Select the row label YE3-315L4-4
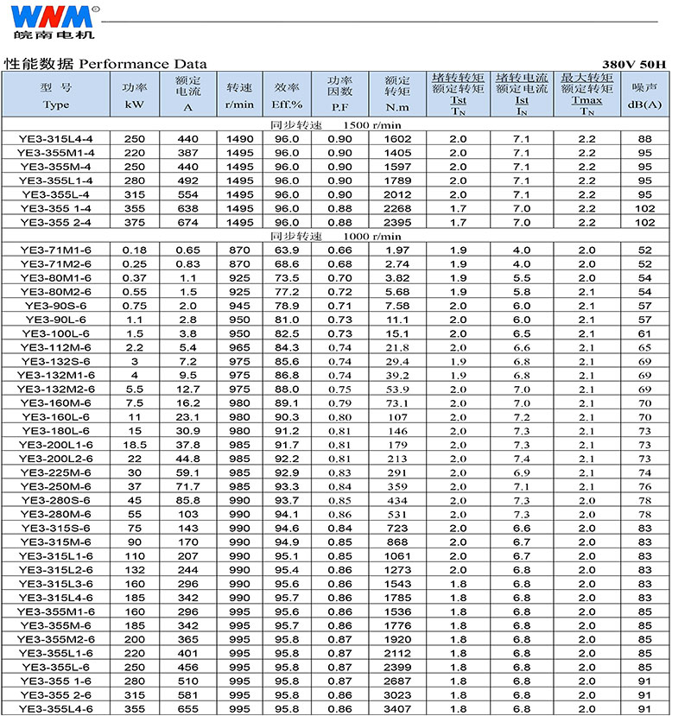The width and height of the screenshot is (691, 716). (56, 139)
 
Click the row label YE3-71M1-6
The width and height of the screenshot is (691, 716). (56, 250)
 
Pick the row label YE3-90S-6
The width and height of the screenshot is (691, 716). (56, 305)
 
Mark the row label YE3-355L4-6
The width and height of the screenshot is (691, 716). (56, 709)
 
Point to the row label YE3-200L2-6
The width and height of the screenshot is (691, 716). (56, 458)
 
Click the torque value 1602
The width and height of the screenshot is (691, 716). (397, 139)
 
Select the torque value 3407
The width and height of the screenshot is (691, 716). (397, 709)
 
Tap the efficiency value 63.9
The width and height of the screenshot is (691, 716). (287, 250)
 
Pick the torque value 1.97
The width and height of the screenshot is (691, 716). (397, 250)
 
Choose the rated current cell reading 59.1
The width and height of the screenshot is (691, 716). (188, 472)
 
